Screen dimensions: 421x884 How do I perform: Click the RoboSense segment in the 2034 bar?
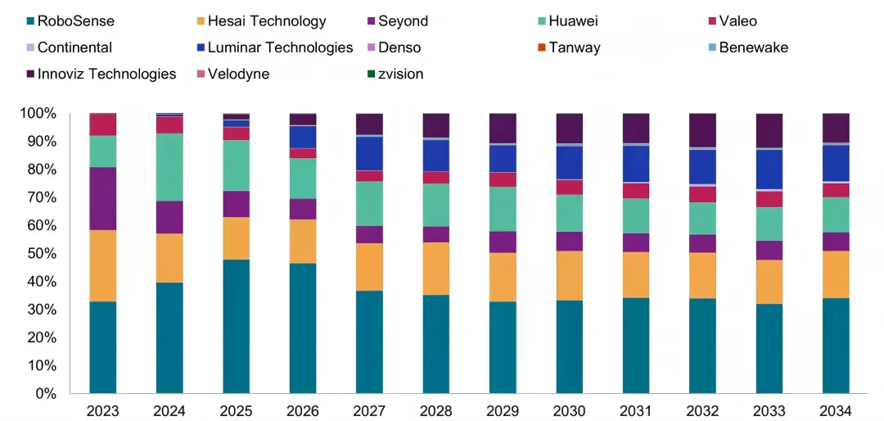click(835, 345)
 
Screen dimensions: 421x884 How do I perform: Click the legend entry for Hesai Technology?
click(266, 21)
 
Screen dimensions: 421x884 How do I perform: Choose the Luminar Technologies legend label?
click(280, 48)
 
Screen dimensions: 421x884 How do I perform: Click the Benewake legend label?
click(753, 48)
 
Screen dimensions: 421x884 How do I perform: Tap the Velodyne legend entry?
click(238, 74)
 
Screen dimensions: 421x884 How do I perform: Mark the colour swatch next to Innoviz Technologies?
click(30, 75)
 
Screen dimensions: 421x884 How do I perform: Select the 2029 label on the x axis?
click(502, 410)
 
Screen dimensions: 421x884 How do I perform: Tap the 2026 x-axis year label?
click(302, 410)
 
